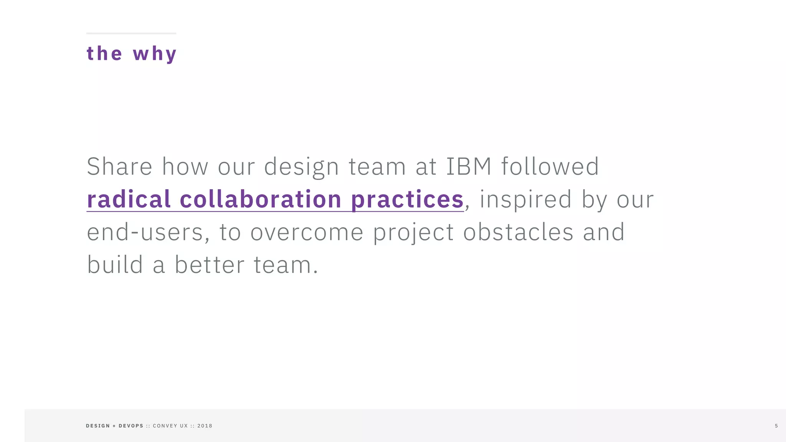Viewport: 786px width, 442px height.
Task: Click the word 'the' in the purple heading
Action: pos(104,53)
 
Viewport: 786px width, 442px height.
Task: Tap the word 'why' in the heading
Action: pos(155,54)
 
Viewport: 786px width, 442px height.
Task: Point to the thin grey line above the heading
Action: pos(131,33)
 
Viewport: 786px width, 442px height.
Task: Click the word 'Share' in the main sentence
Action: pos(120,167)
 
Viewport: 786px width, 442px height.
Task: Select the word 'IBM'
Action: pos(469,167)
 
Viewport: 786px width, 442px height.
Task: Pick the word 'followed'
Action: pos(550,167)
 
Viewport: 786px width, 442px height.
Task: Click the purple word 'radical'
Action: pos(129,199)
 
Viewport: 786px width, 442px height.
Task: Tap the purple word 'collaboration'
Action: pos(261,199)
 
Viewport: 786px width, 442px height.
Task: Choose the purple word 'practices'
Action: pos(407,199)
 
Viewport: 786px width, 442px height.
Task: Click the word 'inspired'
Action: pos(526,200)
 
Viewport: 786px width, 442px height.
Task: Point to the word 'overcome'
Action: pos(307,233)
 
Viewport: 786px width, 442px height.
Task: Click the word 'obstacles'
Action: pos(518,232)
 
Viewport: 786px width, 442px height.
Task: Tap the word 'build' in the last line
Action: pos(115,265)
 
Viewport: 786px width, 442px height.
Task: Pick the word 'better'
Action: pos(210,265)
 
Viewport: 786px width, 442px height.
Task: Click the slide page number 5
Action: pos(776,426)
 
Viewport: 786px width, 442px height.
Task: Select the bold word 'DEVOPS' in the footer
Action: pos(131,426)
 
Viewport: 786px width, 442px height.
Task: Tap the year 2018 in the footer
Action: pos(205,426)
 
